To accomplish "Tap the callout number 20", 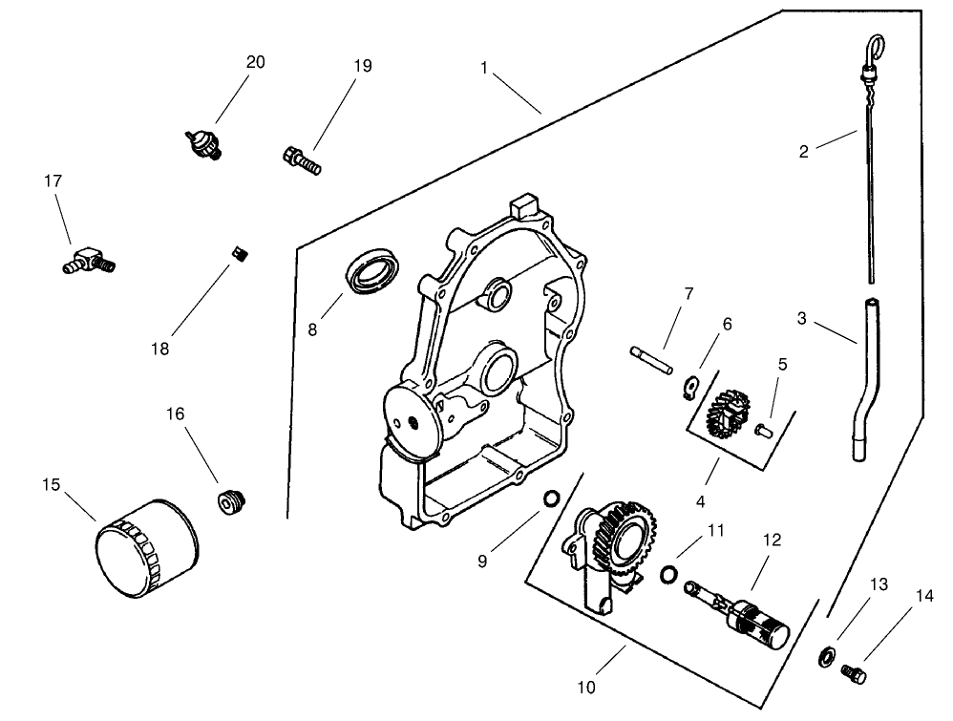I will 255,62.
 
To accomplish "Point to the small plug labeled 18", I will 241,252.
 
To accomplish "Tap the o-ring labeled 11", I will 670,573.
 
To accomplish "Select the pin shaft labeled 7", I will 651,359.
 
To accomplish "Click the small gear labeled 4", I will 728,414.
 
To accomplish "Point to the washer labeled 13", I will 826,656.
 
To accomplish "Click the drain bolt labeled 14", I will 855,673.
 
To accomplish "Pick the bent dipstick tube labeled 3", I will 866,382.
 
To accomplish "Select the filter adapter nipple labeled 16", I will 229,500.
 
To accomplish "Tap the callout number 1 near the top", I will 485,68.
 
